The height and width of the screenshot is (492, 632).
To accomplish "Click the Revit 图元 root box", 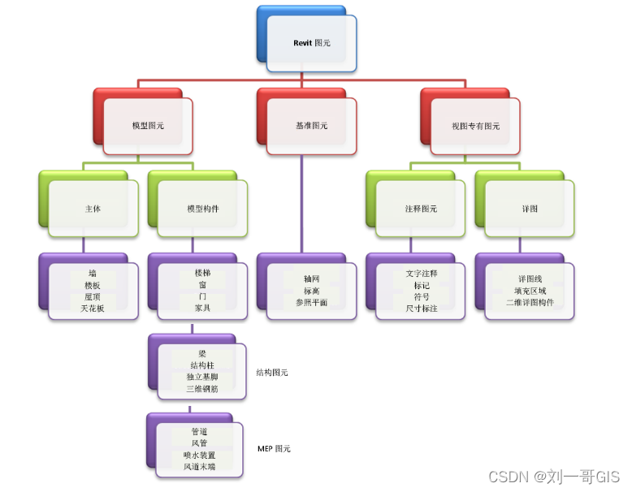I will click(x=311, y=43).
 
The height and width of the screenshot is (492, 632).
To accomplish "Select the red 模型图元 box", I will click(x=148, y=126).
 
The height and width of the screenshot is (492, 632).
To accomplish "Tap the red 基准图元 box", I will click(x=311, y=126).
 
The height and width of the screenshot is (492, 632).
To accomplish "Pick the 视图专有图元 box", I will click(x=475, y=126).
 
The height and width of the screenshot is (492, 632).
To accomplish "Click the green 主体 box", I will click(x=93, y=209).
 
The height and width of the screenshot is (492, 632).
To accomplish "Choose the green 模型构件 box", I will click(x=202, y=209).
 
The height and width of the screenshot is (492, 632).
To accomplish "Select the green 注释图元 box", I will click(x=420, y=209).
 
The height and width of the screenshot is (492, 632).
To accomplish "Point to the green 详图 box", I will click(x=530, y=209).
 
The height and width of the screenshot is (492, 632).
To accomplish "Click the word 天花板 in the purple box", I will click(x=93, y=309).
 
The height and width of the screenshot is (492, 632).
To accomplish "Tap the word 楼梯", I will click(x=202, y=274).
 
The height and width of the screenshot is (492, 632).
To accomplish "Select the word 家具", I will click(x=202, y=309).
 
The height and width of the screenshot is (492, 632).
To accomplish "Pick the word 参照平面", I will click(x=311, y=302).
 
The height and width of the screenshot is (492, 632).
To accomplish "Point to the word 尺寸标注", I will click(x=421, y=309).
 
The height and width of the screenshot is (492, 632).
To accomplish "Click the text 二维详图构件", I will click(x=530, y=302).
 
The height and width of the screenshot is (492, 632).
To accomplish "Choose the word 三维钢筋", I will click(x=201, y=389).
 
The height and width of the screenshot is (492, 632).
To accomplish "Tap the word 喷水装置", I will click(x=200, y=455).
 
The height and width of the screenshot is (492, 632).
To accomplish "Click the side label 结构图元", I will click(x=271, y=373).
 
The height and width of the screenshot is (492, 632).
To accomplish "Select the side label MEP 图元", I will click(x=274, y=448).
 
